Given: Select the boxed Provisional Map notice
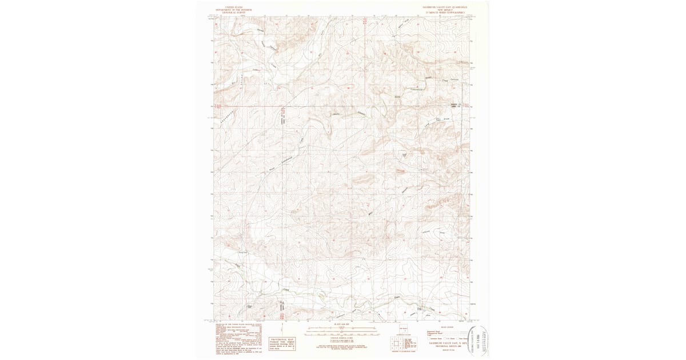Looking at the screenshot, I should [x=281, y=342].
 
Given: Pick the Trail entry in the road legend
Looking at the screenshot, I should [x=429, y=335].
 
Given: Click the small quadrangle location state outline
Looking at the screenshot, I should [x=403, y=331].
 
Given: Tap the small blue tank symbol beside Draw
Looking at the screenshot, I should [x=438, y=119].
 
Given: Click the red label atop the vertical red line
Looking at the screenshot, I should [x=365, y=21].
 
